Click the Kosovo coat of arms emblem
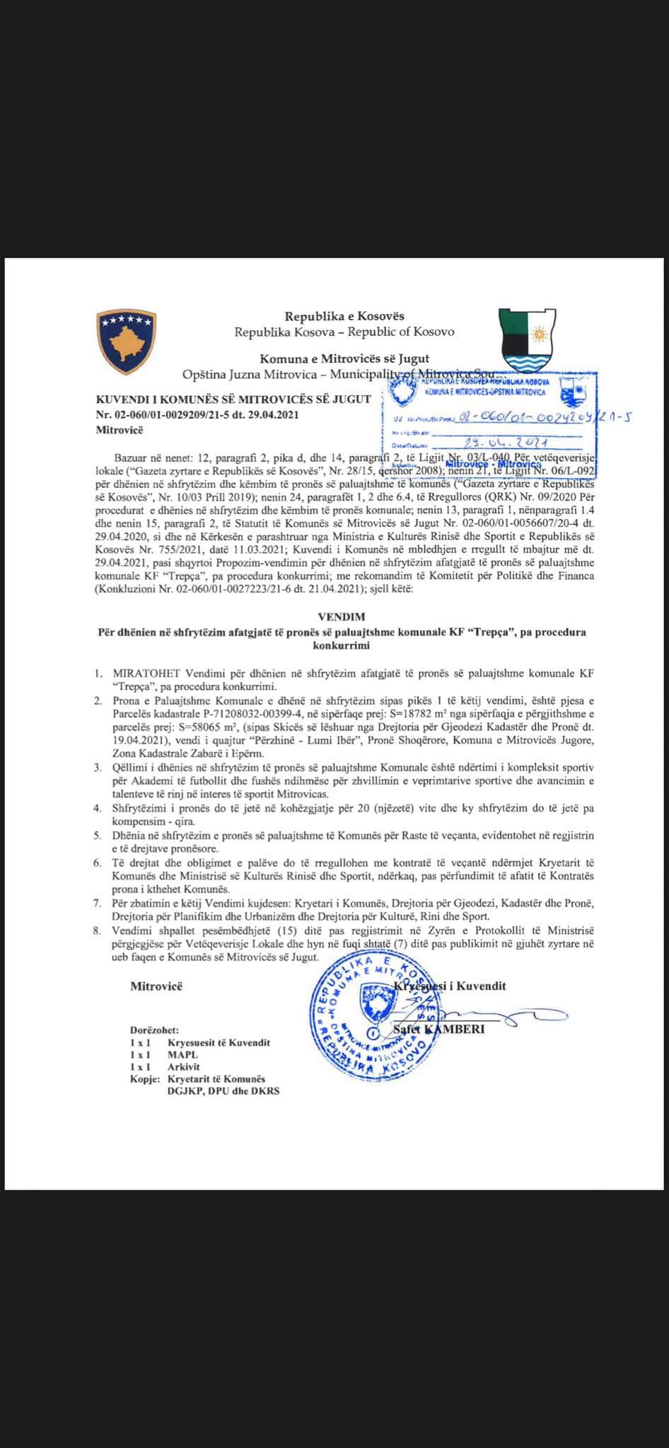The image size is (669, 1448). pyautogui.click(x=126, y=341)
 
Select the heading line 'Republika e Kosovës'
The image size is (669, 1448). pyautogui.click(x=344, y=316)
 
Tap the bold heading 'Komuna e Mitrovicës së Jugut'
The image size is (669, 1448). pyautogui.click(x=344, y=358)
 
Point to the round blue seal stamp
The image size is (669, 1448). pyautogui.click(x=372, y=1017)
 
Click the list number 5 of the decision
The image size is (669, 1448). pyautogui.click(x=98, y=835)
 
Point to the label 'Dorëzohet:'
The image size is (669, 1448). pyautogui.click(x=154, y=1030)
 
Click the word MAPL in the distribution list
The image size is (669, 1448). pyautogui.click(x=182, y=1054)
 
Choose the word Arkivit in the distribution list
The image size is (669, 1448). pyautogui.click(x=184, y=1066)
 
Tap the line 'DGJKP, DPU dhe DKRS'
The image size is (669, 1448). pyautogui.click(x=223, y=1091)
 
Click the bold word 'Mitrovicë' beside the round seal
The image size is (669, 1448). pyautogui.click(x=156, y=986)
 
